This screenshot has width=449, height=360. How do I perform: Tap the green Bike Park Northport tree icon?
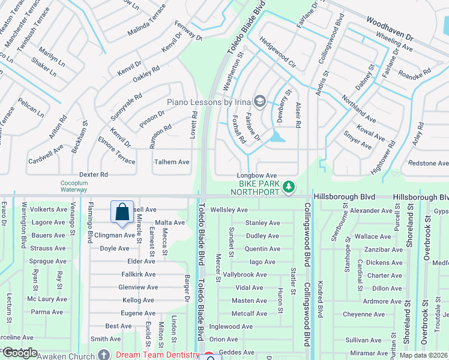tap(289, 187)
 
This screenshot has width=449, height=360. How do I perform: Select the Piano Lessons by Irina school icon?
tap(260, 102)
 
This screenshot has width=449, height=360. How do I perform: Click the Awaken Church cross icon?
tap(105, 355)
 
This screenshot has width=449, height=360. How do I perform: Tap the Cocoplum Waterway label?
tap(74, 186)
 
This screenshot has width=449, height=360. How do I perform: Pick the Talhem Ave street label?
tap(172, 162)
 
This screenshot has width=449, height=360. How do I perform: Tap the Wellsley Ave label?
tap(229, 210)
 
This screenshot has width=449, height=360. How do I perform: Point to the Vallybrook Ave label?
tap(245, 275)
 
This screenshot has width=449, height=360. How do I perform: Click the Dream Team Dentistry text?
tap(157, 355)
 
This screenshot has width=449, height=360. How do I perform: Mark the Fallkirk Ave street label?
tap(138, 274)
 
